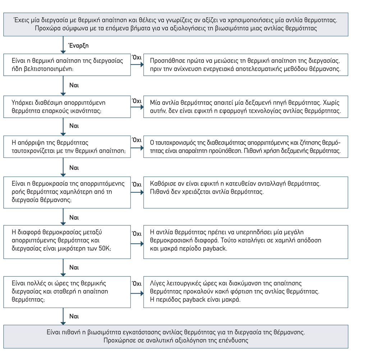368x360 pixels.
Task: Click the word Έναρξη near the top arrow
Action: point(78,46)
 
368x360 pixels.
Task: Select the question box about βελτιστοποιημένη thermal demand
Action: point(67,65)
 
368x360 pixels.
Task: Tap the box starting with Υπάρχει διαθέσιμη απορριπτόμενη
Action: point(67,107)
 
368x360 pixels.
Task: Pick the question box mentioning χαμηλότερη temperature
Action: point(67,192)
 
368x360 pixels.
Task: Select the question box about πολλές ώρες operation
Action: point(67,291)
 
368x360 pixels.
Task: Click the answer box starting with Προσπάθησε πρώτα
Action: point(245,65)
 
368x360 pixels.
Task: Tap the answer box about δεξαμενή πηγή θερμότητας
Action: point(245,107)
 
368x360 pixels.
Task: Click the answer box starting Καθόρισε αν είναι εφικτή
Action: point(245,192)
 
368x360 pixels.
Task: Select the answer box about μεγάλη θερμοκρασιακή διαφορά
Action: point(245,242)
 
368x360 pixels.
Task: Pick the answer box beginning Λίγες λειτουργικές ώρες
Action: point(245,291)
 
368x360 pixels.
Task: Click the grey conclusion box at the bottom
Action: point(176,336)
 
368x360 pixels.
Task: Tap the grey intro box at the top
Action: point(176,24)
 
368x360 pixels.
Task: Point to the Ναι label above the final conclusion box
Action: point(74,317)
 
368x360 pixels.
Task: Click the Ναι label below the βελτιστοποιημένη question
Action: point(74,85)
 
